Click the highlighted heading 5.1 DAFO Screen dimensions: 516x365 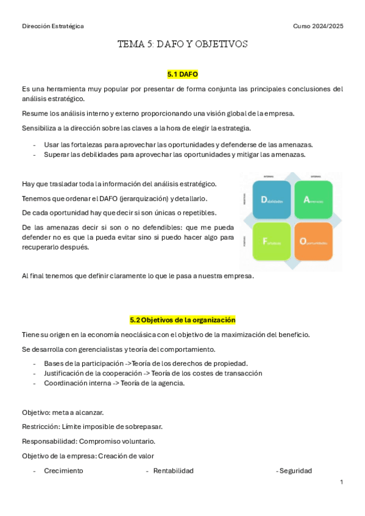click(183, 74)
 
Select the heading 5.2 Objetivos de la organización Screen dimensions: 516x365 click(183, 319)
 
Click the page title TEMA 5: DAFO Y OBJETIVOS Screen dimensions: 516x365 click(183, 44)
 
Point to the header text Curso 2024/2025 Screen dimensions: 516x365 click(318, 26)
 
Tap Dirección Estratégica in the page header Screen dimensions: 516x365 click(53, 26)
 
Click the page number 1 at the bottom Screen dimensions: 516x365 click(342, 482)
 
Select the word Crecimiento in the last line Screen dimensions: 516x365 click(63, 471)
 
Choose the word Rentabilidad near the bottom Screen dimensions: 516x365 click(173, 471)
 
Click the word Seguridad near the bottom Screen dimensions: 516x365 click(296, 471)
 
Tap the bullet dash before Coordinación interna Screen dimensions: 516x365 click(35, 383)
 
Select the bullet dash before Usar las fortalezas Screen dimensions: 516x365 click(35, 145)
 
